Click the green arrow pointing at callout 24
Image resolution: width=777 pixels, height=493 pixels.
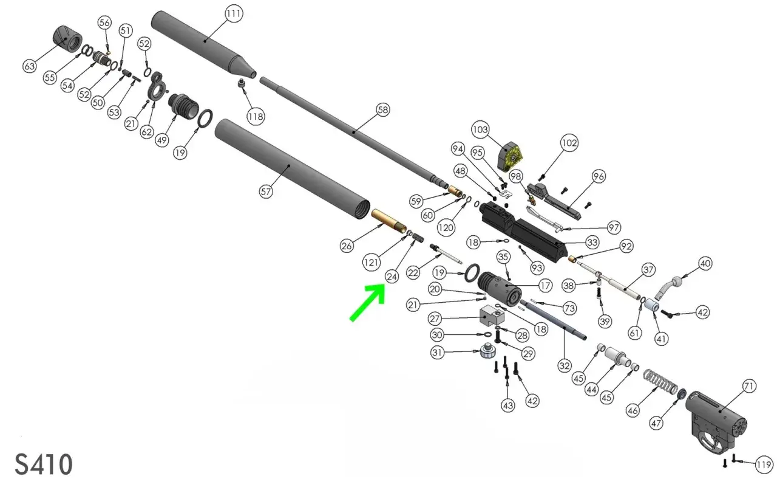click(x=368, y=302)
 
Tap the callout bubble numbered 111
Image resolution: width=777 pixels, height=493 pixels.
click(x=234, y=13)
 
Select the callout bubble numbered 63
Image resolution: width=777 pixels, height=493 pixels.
click(x=30, y=66)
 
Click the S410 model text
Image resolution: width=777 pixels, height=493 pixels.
click(x=44, y=464)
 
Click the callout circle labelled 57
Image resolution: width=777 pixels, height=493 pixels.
click(x=266, y=191)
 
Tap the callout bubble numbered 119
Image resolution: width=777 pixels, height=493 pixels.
click(x=764, y=465)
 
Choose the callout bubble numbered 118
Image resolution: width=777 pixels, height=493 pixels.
click(x=256, y=116)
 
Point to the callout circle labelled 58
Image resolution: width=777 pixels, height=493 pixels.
click(x=383, y=110)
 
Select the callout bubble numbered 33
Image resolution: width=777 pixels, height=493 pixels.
click(x=592, y=242)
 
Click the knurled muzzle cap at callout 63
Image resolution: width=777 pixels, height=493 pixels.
click(x=67, y=40)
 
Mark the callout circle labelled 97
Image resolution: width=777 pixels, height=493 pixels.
click(x=614, y=227)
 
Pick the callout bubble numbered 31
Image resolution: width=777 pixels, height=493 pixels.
click(x=437, y=353)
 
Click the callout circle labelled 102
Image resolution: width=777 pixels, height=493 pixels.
click(x=569, y=143)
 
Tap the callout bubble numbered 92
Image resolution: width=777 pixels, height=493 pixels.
click(x=626, y=246)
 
